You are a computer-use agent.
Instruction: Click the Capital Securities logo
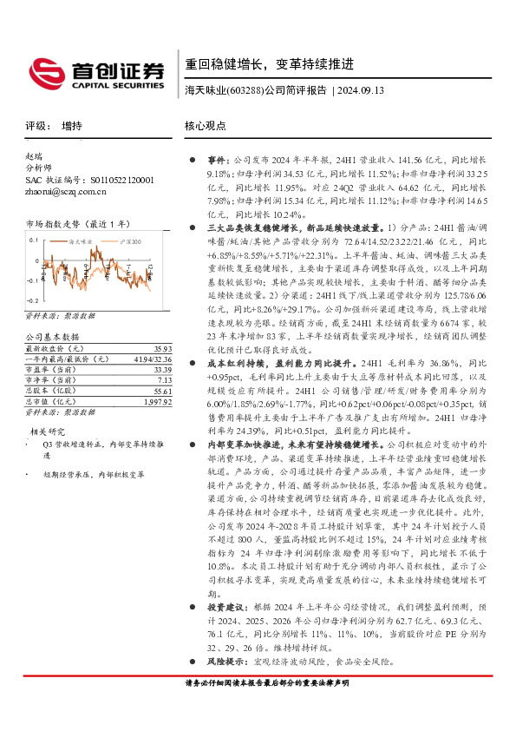95,71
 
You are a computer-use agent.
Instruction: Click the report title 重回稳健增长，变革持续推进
270,64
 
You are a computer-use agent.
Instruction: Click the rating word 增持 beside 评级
72,126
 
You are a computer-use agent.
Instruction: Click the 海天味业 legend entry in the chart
81,234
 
